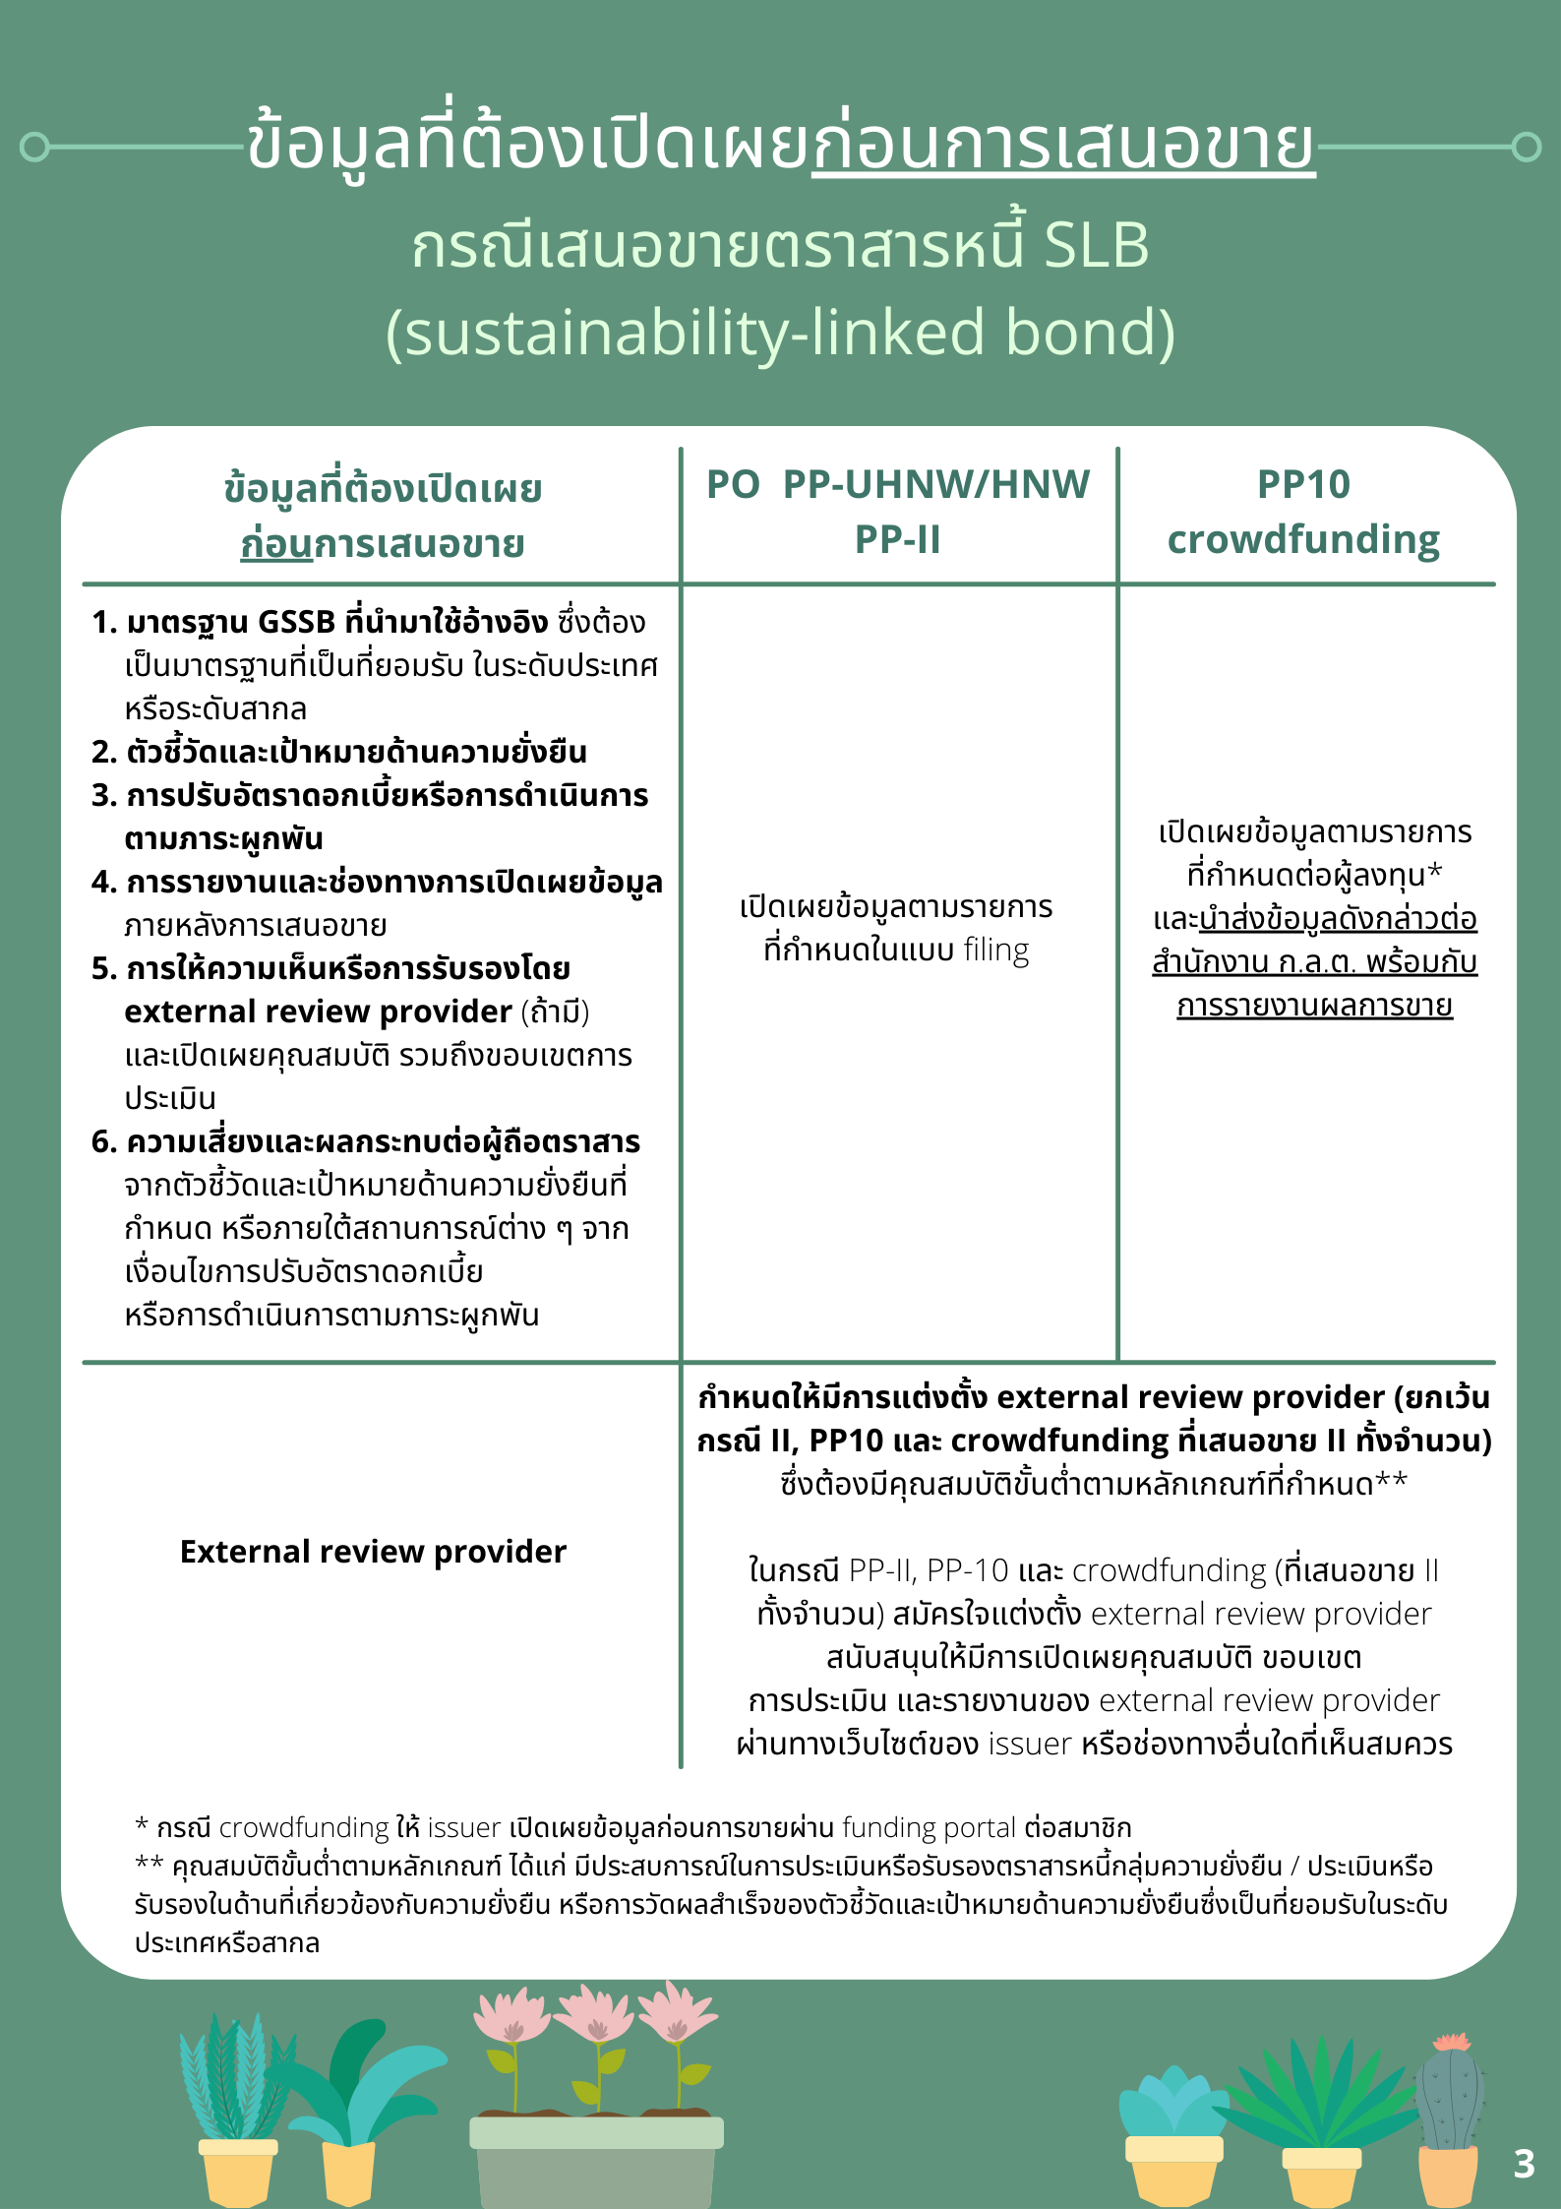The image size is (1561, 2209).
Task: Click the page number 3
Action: [x=1524, y=2164]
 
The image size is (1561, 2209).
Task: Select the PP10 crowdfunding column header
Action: [x=1303, y=512]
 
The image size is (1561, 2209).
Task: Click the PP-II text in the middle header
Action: [x=897, y=539]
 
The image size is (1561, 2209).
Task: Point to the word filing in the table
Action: [x=996, y=951]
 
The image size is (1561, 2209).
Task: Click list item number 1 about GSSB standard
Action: [x=369, y=623]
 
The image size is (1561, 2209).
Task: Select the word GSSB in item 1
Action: [x=296, y=623]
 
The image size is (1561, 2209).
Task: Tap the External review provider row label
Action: [x=373, y=1552]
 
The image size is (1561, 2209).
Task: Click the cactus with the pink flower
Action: [x=1449, y=2096]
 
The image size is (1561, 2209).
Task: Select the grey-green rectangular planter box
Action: [x=596, y=2160]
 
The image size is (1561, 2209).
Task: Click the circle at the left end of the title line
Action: [x=34, y=147]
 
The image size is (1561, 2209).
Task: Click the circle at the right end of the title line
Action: [x=1526, y=147]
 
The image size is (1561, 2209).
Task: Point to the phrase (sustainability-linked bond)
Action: [x=780, y=332]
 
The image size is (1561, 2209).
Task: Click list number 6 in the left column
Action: [x=103, y=1142]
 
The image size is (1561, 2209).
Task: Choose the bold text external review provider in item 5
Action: [x=318, y=1012]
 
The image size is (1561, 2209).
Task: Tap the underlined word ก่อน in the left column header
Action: [x=276, y=544]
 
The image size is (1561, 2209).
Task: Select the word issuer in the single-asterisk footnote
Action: [x=464, y=1828]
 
